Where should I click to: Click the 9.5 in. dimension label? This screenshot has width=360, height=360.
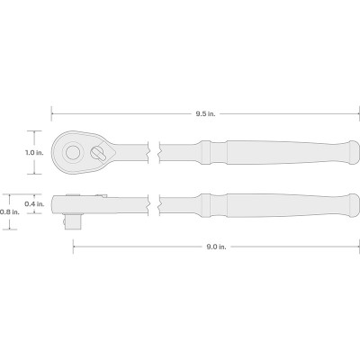[x=206, y=114]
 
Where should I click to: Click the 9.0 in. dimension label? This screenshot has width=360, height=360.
[x=216, y=247]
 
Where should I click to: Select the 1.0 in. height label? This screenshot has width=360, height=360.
[x=34, y=152]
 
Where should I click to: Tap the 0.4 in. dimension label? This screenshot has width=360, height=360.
[x=34, y=204]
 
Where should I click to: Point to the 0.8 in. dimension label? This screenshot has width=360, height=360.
[x=10, y=211]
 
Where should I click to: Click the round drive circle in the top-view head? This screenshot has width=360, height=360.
[x=72, y=152]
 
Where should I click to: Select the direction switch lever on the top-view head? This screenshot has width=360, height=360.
[x=98, y=153]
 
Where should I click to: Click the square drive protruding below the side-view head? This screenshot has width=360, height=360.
[x=74, y=221]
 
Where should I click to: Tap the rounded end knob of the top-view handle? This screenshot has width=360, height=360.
[x=353, y=152]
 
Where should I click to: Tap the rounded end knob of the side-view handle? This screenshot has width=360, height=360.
[x=353, y=205]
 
